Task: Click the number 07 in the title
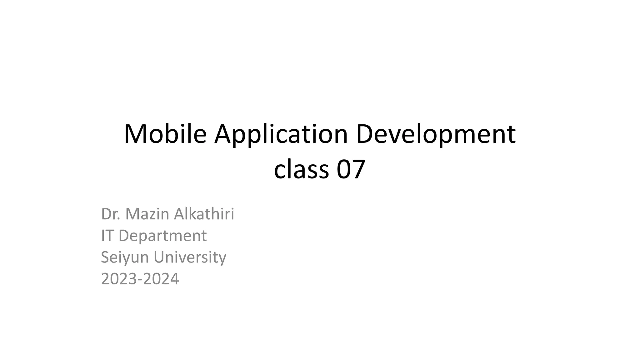(x=351, y=169)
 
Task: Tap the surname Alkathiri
(x=204, y=214)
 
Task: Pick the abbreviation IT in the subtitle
(x=107, y=236)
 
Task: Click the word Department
(x=162, y=236)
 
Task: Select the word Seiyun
(x=125, y=257)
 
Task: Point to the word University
(x=190, y=257)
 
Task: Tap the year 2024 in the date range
(x=161, y=279)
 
